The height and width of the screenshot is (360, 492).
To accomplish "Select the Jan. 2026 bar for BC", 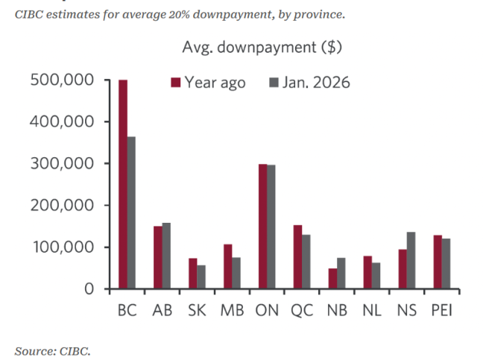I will click(x=131, y=212).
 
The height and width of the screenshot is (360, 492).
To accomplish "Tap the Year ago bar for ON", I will click(x=262, y=227).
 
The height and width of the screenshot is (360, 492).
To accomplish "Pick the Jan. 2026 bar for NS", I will click(x=411, y=260).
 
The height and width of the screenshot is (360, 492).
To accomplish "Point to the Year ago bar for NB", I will click(x=332, y=278).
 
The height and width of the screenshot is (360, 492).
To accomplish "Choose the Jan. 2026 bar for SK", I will click(x=201, y=277).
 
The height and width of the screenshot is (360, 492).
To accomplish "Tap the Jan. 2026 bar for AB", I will click(x=166, y=255).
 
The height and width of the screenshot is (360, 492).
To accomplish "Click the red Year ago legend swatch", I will click(x=177, y=83).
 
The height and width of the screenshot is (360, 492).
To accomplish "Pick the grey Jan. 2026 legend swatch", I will click(x=273, y=83).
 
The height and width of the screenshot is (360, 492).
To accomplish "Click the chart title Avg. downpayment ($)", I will click(x=262, y=48).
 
